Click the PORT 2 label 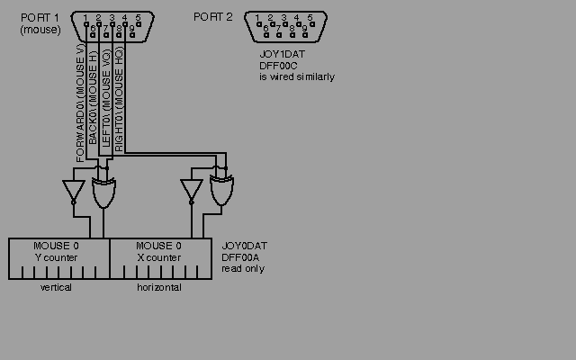(x=213, y=17)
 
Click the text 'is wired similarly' (x=297, y=77)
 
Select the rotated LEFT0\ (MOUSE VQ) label (x=106, y=99)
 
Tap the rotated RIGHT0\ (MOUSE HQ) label (x=119, y=101)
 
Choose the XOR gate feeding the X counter (x=221, y=191)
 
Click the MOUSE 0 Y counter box (x=58, y=258)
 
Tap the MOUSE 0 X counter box (x=160, y=258)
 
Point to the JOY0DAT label (x=245, y=246)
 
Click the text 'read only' (x=243, y=268)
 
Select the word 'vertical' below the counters (x=56, y=288)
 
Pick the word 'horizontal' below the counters (x=158, y=288)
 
